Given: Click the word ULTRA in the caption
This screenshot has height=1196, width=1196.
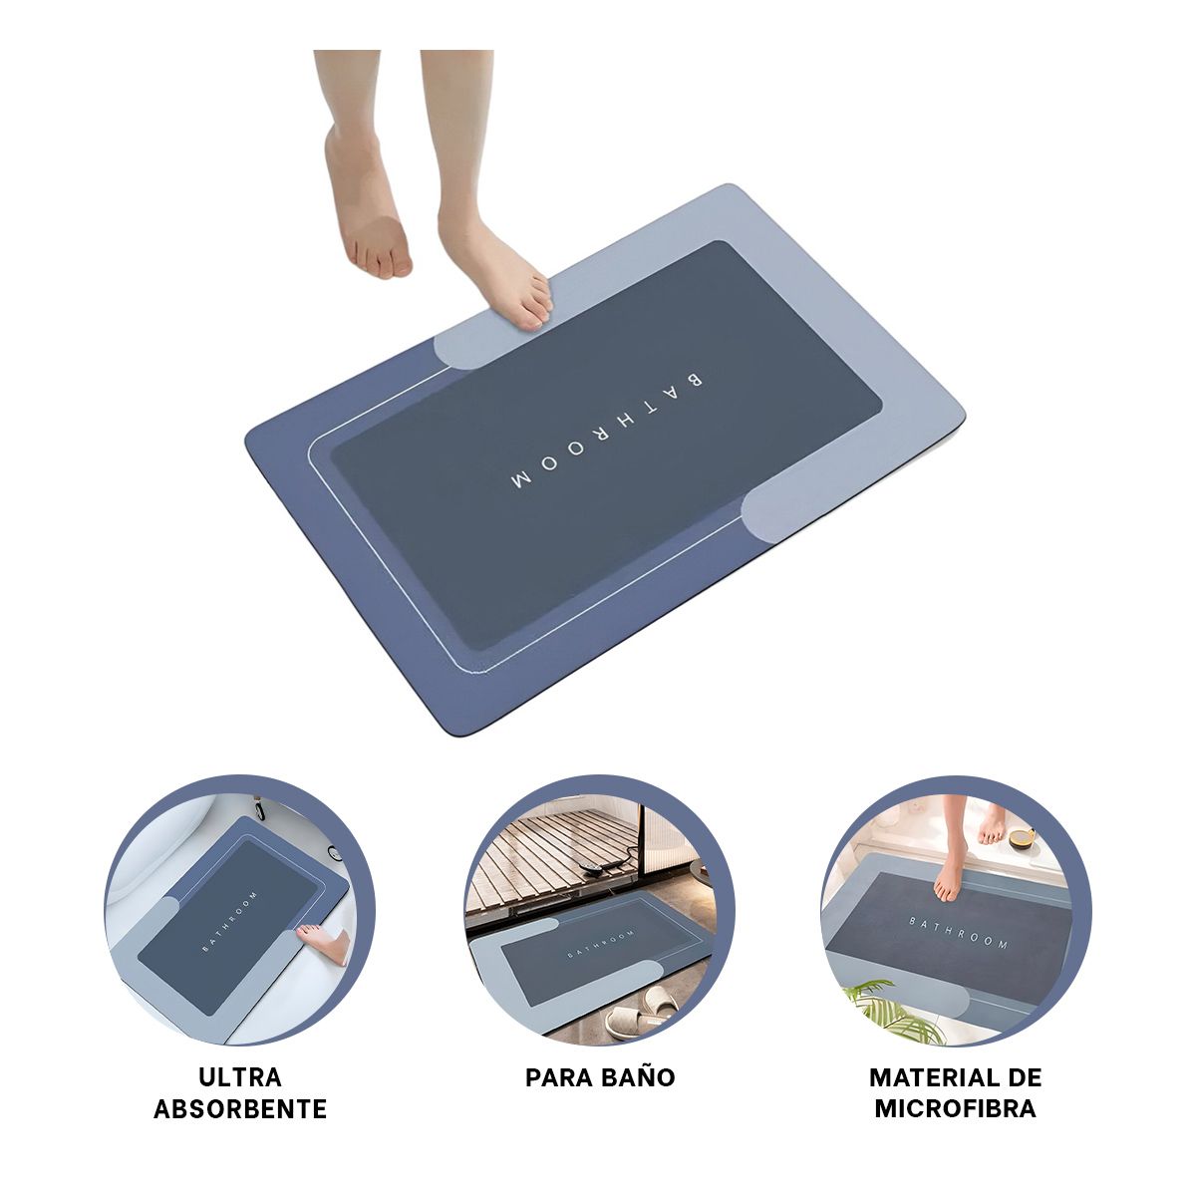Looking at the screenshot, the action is (x=240, y=1076).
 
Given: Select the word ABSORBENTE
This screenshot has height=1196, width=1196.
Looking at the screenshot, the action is (x=240, y=1108).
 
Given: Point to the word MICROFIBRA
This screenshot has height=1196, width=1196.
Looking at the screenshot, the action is (x=955, y=1108).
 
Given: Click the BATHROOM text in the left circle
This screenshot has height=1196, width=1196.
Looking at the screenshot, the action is (x=230, y=922).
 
